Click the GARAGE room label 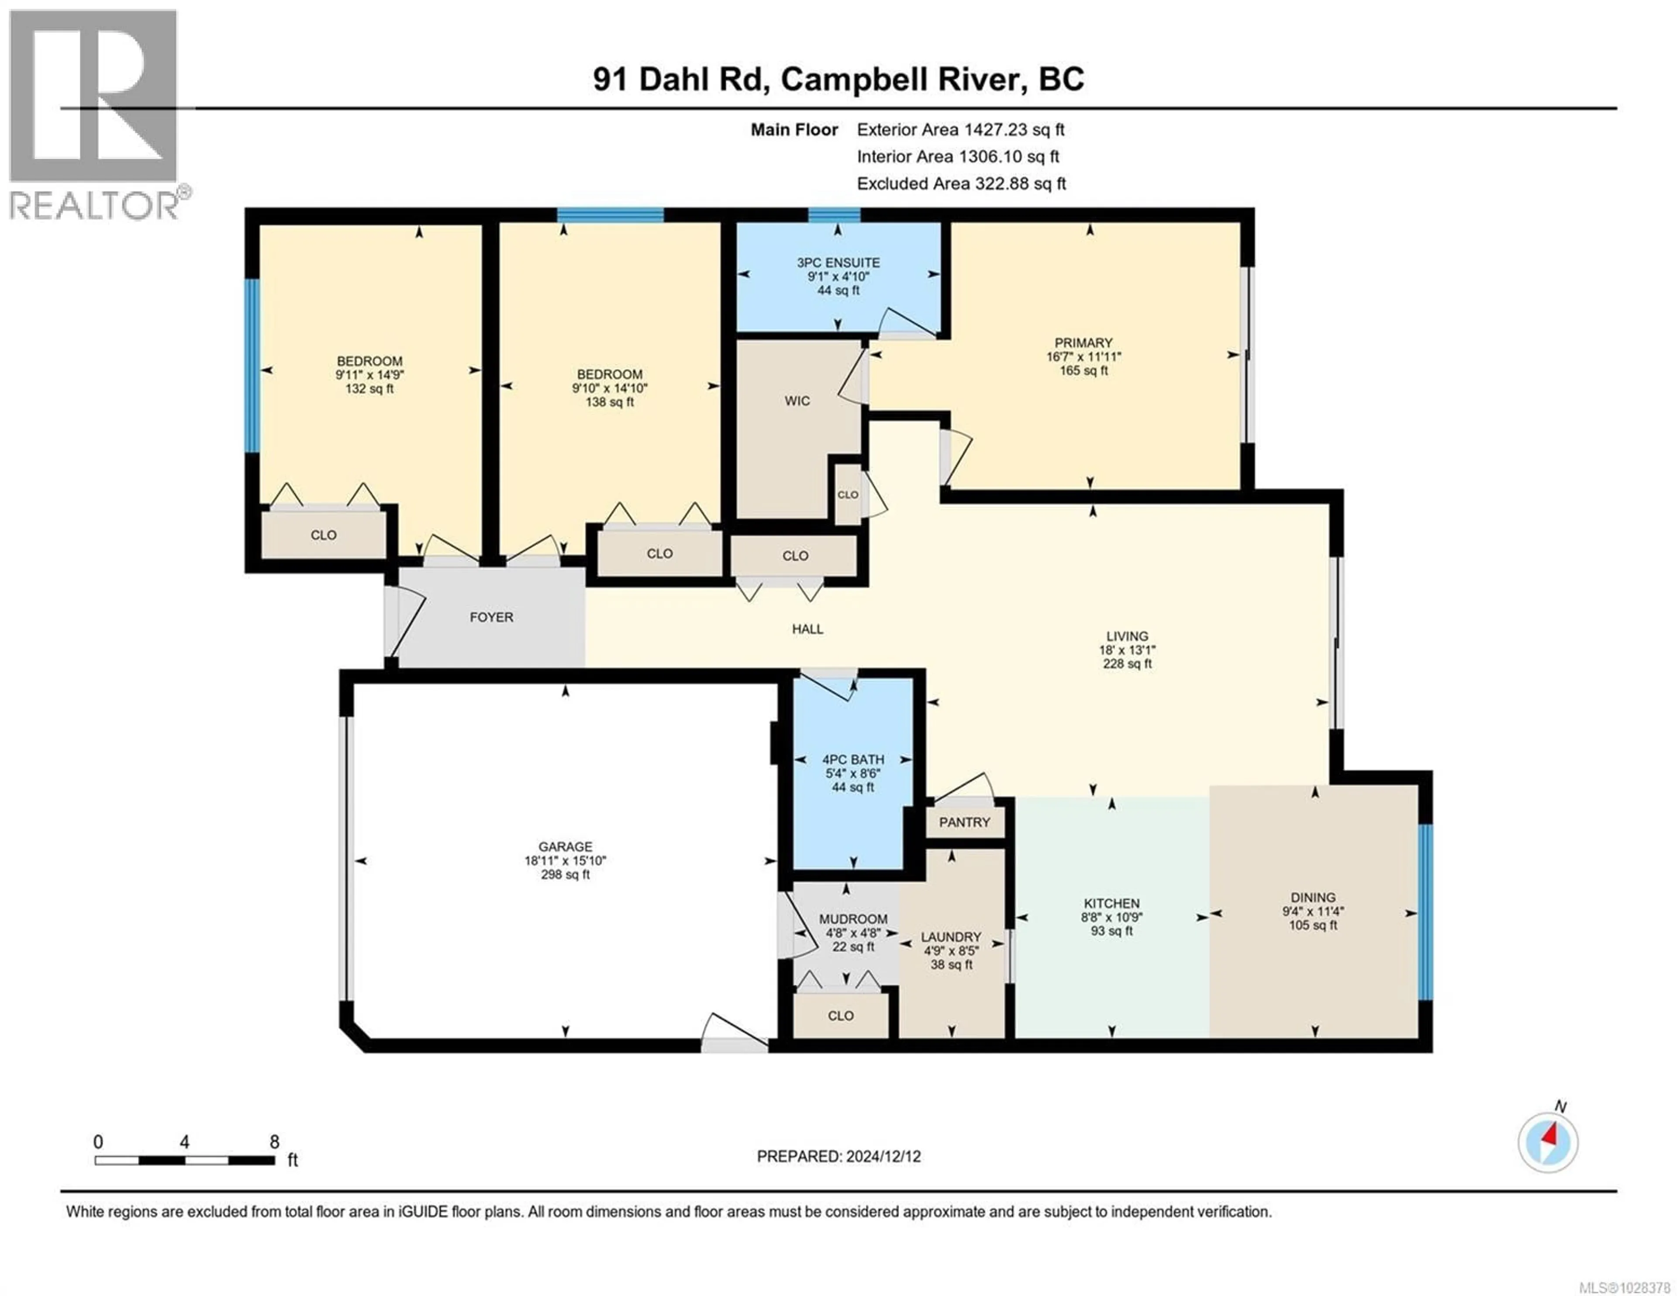(x=565, y=847)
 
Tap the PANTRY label (x=964, y=822)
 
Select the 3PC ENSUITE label (x=838, y=263)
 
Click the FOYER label (x=491, y=617)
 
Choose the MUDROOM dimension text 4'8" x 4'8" (x=852, y=933)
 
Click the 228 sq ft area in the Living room (x=1127, y=664)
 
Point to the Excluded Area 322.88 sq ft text (x=961, y=183)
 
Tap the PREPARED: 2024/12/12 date (x=838, y=1156)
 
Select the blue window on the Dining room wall (x=1425, y=912)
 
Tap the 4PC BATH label (x=852, y=759)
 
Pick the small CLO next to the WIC (x=848, y=495)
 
